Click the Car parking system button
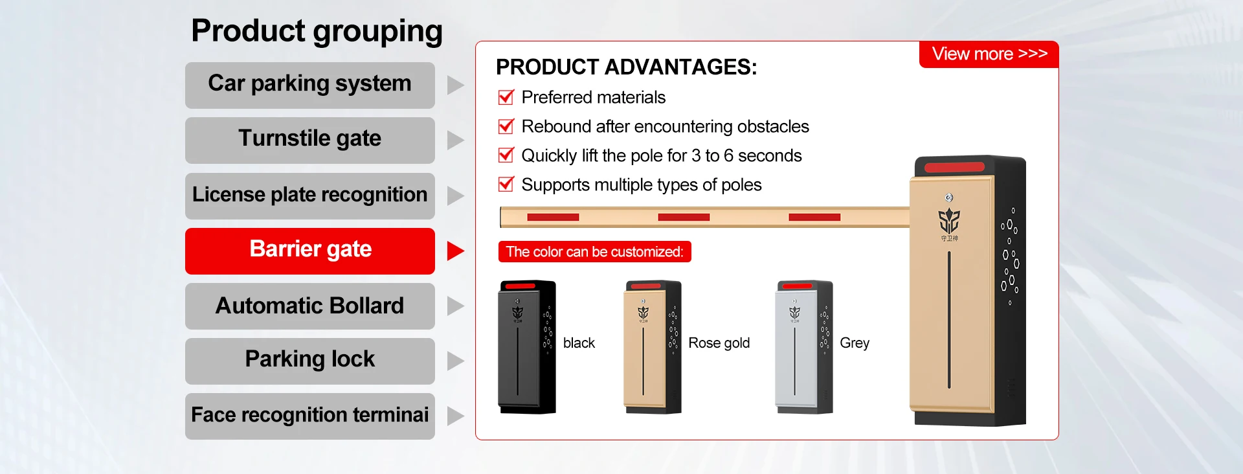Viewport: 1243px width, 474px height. (309, 85)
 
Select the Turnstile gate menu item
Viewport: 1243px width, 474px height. (309, 140)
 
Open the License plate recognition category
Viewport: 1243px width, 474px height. (309, 196)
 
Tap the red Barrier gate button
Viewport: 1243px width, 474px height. (309, 251)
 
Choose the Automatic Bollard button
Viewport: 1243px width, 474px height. (309, 306)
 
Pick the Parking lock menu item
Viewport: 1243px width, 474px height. (309, 361)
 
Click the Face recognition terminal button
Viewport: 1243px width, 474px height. (309, 416)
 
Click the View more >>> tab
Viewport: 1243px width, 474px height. (989, 54)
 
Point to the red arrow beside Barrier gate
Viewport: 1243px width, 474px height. (455, 251)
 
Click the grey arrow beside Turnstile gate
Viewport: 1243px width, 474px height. (455, 140)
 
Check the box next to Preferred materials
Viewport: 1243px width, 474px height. (506, 97)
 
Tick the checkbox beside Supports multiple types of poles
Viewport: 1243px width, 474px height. (506, 185)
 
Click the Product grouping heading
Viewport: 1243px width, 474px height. (317, 31)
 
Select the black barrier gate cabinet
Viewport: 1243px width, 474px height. (527, 346)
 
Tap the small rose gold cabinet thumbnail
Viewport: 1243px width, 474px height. (653, 346)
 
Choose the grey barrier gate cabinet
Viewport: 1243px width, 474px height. (804, 346)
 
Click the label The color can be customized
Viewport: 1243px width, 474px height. (594, 252)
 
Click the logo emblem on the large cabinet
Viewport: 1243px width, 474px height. (949, 221)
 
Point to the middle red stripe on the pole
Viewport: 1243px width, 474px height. (684, 218)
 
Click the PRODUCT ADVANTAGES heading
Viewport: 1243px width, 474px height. (626, 67)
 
